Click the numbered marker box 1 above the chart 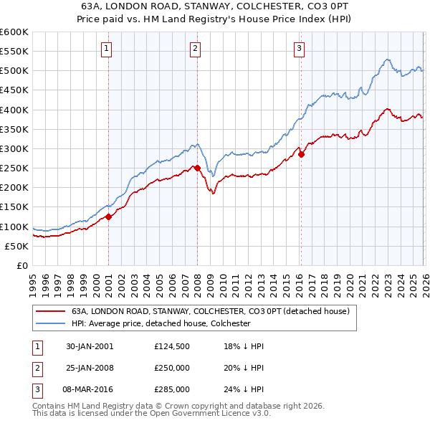pos(106,49)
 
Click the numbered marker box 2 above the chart pos(195,49)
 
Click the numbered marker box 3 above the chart pos(299,49)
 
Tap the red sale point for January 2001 pos(109,217)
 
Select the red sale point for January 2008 pos(197,168)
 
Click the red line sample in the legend pos(49,312)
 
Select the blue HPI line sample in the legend pos(49,323)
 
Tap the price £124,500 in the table pos(172,346)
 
